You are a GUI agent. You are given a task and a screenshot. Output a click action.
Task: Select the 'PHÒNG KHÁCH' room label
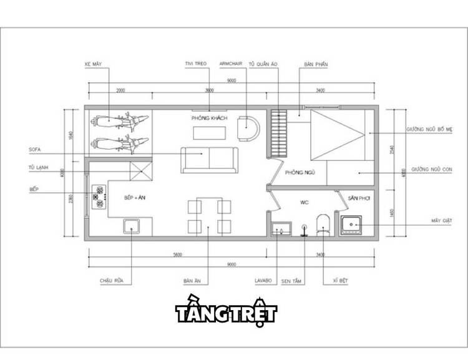(209, 118)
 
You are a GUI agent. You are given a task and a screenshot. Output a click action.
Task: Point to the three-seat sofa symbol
(209, 160)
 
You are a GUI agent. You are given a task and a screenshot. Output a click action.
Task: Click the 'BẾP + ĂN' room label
(135, 198)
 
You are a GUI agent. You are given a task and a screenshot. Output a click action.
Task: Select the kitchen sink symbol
(132, 226)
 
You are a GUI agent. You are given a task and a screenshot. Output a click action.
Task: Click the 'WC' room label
(305, 202)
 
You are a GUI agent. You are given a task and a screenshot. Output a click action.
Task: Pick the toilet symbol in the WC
(323, 224)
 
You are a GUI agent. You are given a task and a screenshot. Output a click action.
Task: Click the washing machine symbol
(353, 224)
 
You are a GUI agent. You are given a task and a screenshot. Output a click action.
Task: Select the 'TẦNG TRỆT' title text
(225, 313)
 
